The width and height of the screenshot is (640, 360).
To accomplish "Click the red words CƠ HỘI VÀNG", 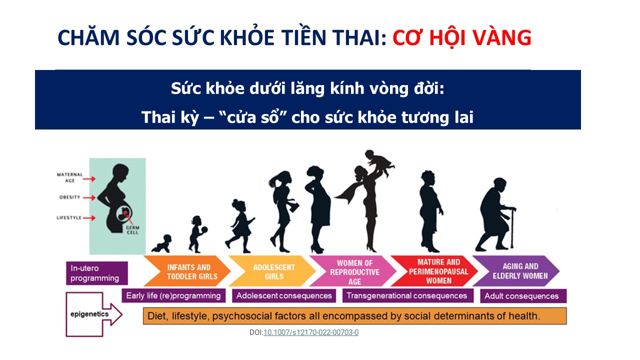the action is coord(462,38).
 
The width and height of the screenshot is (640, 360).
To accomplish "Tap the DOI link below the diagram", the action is coord(311,332).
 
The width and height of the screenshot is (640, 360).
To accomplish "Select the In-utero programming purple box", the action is coord(97,273).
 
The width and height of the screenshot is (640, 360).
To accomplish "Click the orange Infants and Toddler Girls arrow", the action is coord(187,271).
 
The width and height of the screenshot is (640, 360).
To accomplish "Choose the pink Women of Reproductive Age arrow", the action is coord(353,271).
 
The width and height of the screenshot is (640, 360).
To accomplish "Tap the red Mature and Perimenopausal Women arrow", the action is coord(434,271).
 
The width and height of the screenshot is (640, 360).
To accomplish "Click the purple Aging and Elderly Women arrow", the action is coord(516,271).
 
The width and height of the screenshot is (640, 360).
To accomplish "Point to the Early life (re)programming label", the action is coord(173,295).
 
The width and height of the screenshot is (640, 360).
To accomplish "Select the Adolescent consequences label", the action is coord(284,295).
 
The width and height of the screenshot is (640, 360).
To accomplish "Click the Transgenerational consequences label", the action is coord(407,295).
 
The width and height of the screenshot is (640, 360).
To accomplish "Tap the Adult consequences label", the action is coord(523,296).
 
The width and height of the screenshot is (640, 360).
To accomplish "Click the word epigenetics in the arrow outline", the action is coord(89,314).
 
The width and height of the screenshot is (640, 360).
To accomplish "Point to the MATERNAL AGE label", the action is coord(69,177).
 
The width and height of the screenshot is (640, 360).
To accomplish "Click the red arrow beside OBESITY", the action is coord(89,197).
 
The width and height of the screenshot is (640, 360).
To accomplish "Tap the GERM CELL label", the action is coord(132,230).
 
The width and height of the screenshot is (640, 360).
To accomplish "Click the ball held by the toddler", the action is coord(204,229).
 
